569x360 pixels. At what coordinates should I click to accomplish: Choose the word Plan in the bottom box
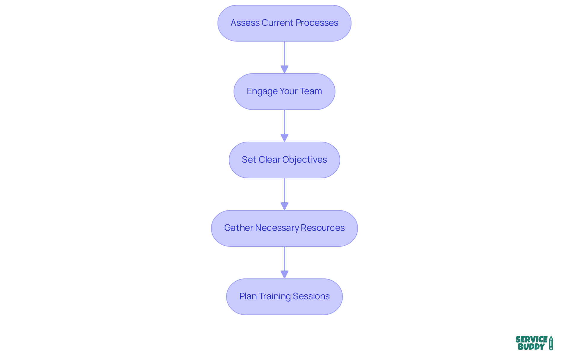pos(248,296)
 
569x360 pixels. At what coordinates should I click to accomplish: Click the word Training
pos(274,296)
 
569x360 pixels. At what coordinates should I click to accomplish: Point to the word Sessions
pos(311,296)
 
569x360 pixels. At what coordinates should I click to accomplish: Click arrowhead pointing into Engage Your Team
pos(284,69)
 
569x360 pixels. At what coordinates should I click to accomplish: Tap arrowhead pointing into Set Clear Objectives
pos(284,138)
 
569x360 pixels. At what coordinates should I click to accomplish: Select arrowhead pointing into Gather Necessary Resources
pos(284,206)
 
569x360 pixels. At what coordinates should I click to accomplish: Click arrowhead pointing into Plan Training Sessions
pos(284,274)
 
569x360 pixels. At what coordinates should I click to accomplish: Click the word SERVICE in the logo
pos(531,340)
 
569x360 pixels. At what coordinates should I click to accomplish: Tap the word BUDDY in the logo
pos(531,347)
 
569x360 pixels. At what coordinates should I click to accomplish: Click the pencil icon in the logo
pos(551,343)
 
